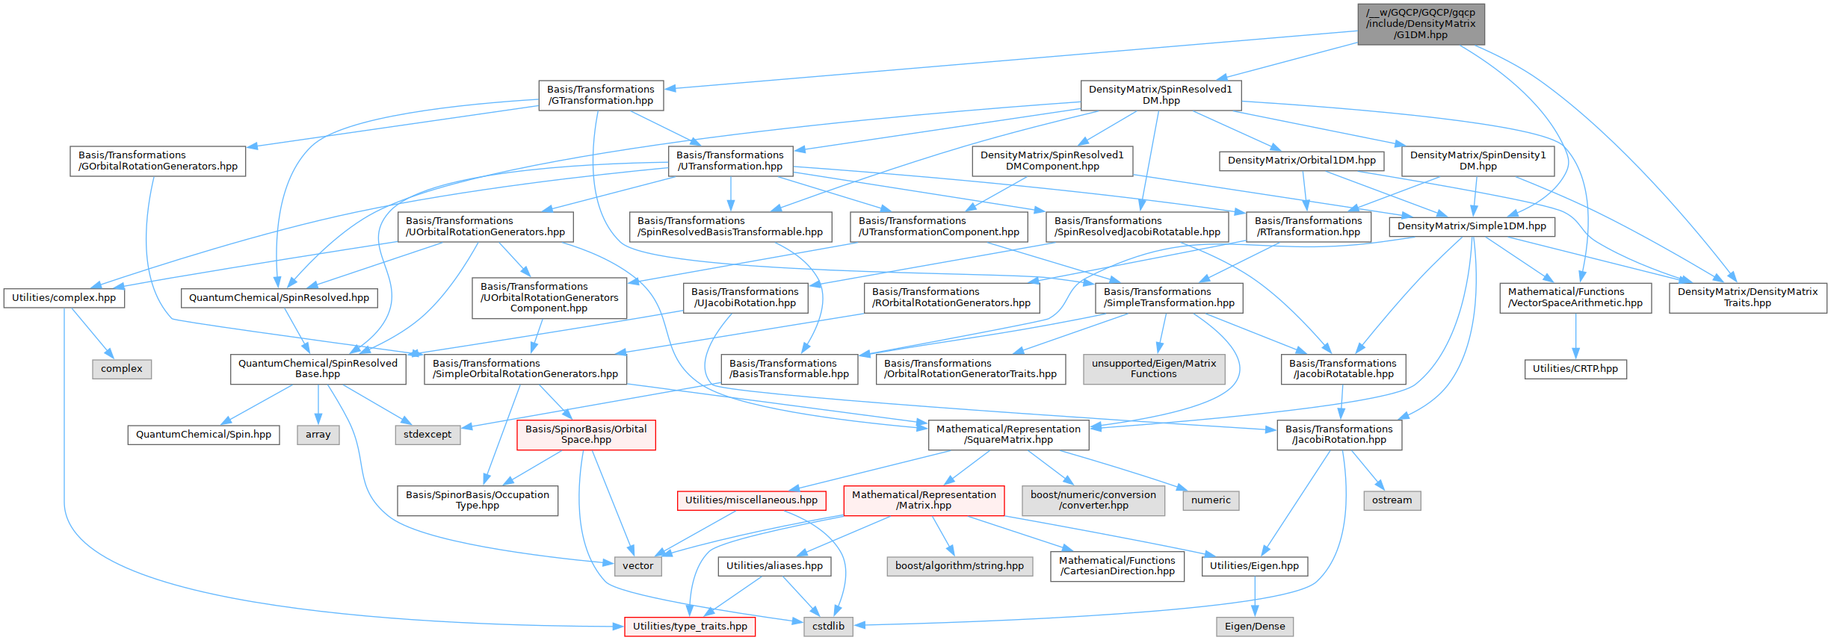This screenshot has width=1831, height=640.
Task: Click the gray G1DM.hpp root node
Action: (1421, 24)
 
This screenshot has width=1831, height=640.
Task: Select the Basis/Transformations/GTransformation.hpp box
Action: (600, 95)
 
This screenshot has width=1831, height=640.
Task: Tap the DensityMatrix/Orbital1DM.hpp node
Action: (1301, 161)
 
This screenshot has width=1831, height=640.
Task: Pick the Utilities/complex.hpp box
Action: (64, 298)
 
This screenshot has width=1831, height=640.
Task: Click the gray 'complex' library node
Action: (122, 369)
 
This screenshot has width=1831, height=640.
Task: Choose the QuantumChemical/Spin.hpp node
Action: (203, 435)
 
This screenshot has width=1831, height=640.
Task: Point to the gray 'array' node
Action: (318, 435)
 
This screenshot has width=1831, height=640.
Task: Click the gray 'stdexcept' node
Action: (427, 435)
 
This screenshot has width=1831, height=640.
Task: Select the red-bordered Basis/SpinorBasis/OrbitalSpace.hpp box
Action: (586, 435)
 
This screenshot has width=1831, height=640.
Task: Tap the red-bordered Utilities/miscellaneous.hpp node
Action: (751, 500)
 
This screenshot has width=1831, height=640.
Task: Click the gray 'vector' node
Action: (637, 566)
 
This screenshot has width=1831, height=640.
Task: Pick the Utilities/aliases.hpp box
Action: (774, 566)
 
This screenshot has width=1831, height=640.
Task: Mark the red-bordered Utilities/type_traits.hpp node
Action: (690, 627)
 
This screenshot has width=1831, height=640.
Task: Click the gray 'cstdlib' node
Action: (828, 627)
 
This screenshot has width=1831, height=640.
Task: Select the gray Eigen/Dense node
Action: (1255, 627)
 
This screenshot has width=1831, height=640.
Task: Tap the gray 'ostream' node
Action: (1392, 500)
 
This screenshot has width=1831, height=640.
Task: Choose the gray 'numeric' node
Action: (1211, 500)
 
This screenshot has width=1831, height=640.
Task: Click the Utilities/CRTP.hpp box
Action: (1575, 369)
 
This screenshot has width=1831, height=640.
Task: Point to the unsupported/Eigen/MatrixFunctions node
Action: (1154, 369)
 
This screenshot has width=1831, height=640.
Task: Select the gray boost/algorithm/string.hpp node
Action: (960, 566)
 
